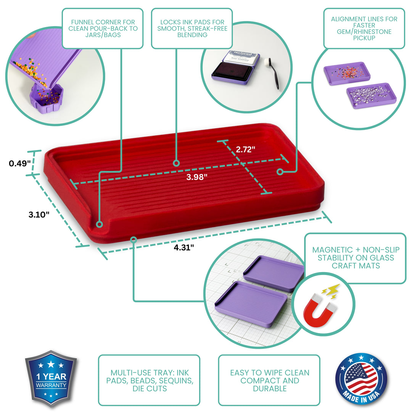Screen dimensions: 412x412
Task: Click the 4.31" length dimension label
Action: click(x=184, y=247)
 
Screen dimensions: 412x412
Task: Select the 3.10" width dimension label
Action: click(x=39, y=215)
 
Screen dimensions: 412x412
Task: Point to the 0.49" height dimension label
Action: click(x=19, y=164)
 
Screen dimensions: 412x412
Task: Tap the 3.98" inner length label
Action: click(x=196, y=177)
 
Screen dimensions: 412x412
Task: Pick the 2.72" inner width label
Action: click(x=245, y=150)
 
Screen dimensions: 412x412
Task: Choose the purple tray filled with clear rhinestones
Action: click(x=371, y=96)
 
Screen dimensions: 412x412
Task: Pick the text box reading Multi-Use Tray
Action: click(x=149, y=380)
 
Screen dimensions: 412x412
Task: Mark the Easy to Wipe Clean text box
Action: click(x=269, y=380)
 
